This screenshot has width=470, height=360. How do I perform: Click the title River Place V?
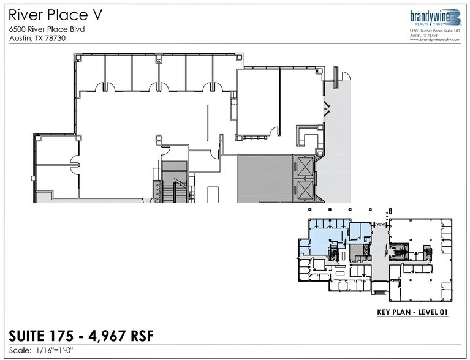coord(47,14)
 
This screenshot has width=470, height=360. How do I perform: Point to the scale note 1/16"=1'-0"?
coord(64,351)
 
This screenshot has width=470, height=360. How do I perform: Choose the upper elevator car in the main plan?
coord(303,167)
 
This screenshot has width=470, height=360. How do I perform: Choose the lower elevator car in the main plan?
coord(303,190)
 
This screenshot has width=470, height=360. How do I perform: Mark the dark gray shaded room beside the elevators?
coord(263,178)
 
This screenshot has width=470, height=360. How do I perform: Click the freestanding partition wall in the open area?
coord(207,122)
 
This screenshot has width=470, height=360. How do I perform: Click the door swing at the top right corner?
coord(344,75)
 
